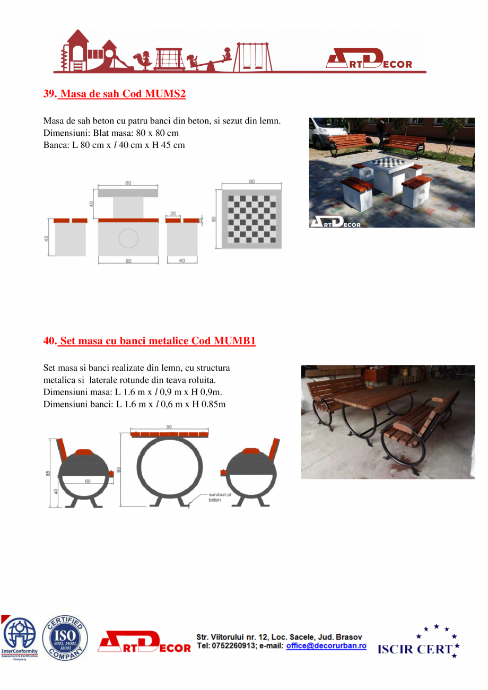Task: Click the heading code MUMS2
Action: (164, 94)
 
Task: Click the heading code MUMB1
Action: (234, 340)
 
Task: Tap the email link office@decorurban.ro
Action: (326, 646)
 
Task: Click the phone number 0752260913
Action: (233, 646)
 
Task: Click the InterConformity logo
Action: (20, 637)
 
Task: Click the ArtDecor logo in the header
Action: (375, 59)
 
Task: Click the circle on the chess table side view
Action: (128, 239)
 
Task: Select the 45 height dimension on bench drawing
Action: (47, 239)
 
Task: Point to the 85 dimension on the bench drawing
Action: (48, 473)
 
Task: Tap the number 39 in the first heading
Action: (49, 94)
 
